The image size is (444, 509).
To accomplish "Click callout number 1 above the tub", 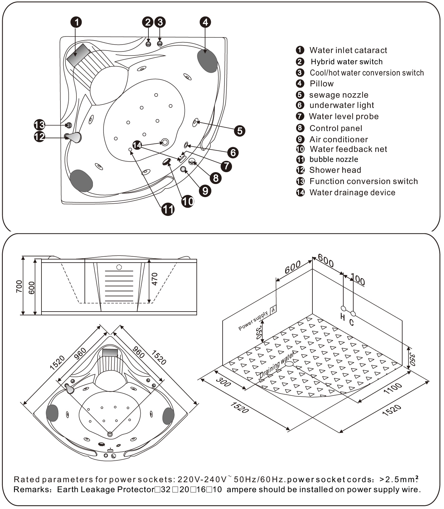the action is click(x=76, y=22).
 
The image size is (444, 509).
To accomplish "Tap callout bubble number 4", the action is click(x=205, y=22).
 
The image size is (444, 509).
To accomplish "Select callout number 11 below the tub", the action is click(x=168, y=209).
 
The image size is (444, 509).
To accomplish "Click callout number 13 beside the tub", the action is click(x=39, y=125).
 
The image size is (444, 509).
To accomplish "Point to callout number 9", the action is click(x=205, y=191).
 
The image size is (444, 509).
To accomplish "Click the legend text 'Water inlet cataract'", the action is click(x=348, y=50).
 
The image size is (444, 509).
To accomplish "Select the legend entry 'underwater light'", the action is click(x=341, y=105).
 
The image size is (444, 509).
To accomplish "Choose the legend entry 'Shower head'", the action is click(x=335, y=170).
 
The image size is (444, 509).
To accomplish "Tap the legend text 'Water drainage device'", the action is click(x=352, y=192).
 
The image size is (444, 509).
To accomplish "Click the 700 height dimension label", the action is click(x=19, y=286).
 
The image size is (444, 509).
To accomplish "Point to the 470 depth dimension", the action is click(x=155, y=279).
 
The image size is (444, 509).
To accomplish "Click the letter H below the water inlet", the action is click(x=342, y=317).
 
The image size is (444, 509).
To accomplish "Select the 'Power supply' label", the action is click(x=253, y=321).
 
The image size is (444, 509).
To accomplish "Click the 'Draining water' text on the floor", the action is click(x=277, y=365).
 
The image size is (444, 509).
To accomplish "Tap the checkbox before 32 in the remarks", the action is click(x=157, y=490).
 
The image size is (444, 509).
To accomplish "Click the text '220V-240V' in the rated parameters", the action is click(x=202, y=479).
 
